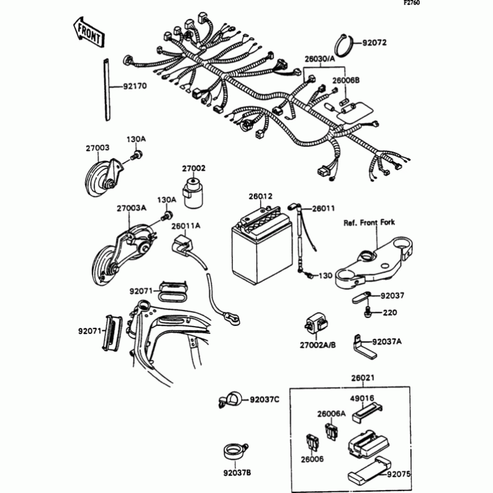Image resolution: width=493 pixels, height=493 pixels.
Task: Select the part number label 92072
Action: click(x=375, y=43)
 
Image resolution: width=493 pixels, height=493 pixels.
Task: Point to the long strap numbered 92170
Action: click(x=106, y=86)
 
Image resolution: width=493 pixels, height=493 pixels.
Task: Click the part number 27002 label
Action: click(x=193, y=168)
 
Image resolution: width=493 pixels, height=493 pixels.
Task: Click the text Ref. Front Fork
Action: click(x=369, y=222)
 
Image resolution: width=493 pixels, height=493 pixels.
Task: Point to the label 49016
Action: click(x=362, y=398)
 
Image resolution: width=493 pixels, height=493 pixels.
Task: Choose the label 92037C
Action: click(x=264, y=401)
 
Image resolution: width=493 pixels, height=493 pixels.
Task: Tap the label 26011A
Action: click(x=185, y=226)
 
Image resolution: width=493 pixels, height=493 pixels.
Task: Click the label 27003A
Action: click(x=131, y=208)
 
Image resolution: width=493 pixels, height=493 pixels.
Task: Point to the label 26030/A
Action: click(x=319, y=59)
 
